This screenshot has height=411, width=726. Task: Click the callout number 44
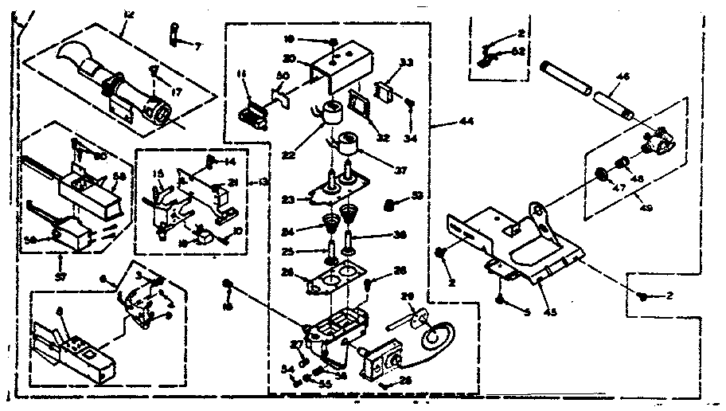[x=462, y=122]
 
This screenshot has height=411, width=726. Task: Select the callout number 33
[x=406, y=63]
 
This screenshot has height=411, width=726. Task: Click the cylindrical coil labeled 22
[x=328, y=116]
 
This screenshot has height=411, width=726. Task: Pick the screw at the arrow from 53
[x=391, y=205]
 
